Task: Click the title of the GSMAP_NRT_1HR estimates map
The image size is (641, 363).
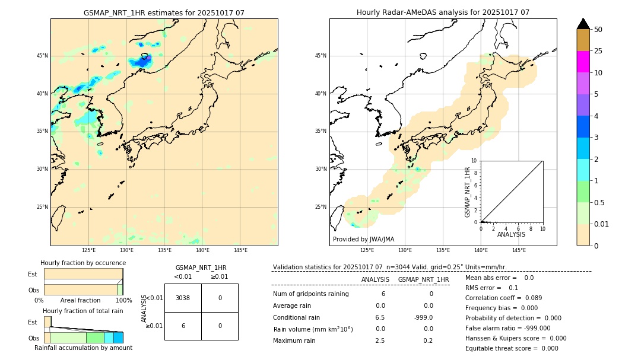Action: coord(164,12)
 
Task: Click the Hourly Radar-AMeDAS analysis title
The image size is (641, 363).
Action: coord(443,12)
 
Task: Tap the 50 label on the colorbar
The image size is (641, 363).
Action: coord(598,30)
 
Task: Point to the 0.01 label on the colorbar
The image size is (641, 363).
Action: coord(602,224)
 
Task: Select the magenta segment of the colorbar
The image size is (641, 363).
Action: coord(583,62)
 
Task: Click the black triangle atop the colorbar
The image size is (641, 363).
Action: coord(583,24)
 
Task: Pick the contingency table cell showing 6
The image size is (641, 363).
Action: coord(183,326)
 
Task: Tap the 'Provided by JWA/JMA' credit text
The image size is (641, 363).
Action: coord(363,239)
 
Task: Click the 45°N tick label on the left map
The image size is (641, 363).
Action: coord(42,56)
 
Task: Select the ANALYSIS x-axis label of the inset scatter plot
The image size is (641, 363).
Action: coord(511,235)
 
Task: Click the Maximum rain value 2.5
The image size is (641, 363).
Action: coord(380,340)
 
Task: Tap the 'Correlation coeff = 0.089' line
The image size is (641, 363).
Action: coord(504,298)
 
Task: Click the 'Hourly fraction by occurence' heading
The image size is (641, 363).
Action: coord(83,263)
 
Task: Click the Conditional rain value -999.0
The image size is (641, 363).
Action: coord(424,317)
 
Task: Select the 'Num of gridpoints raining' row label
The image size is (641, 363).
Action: coord(311,294)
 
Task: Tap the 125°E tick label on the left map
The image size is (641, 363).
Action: coord(89,250)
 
